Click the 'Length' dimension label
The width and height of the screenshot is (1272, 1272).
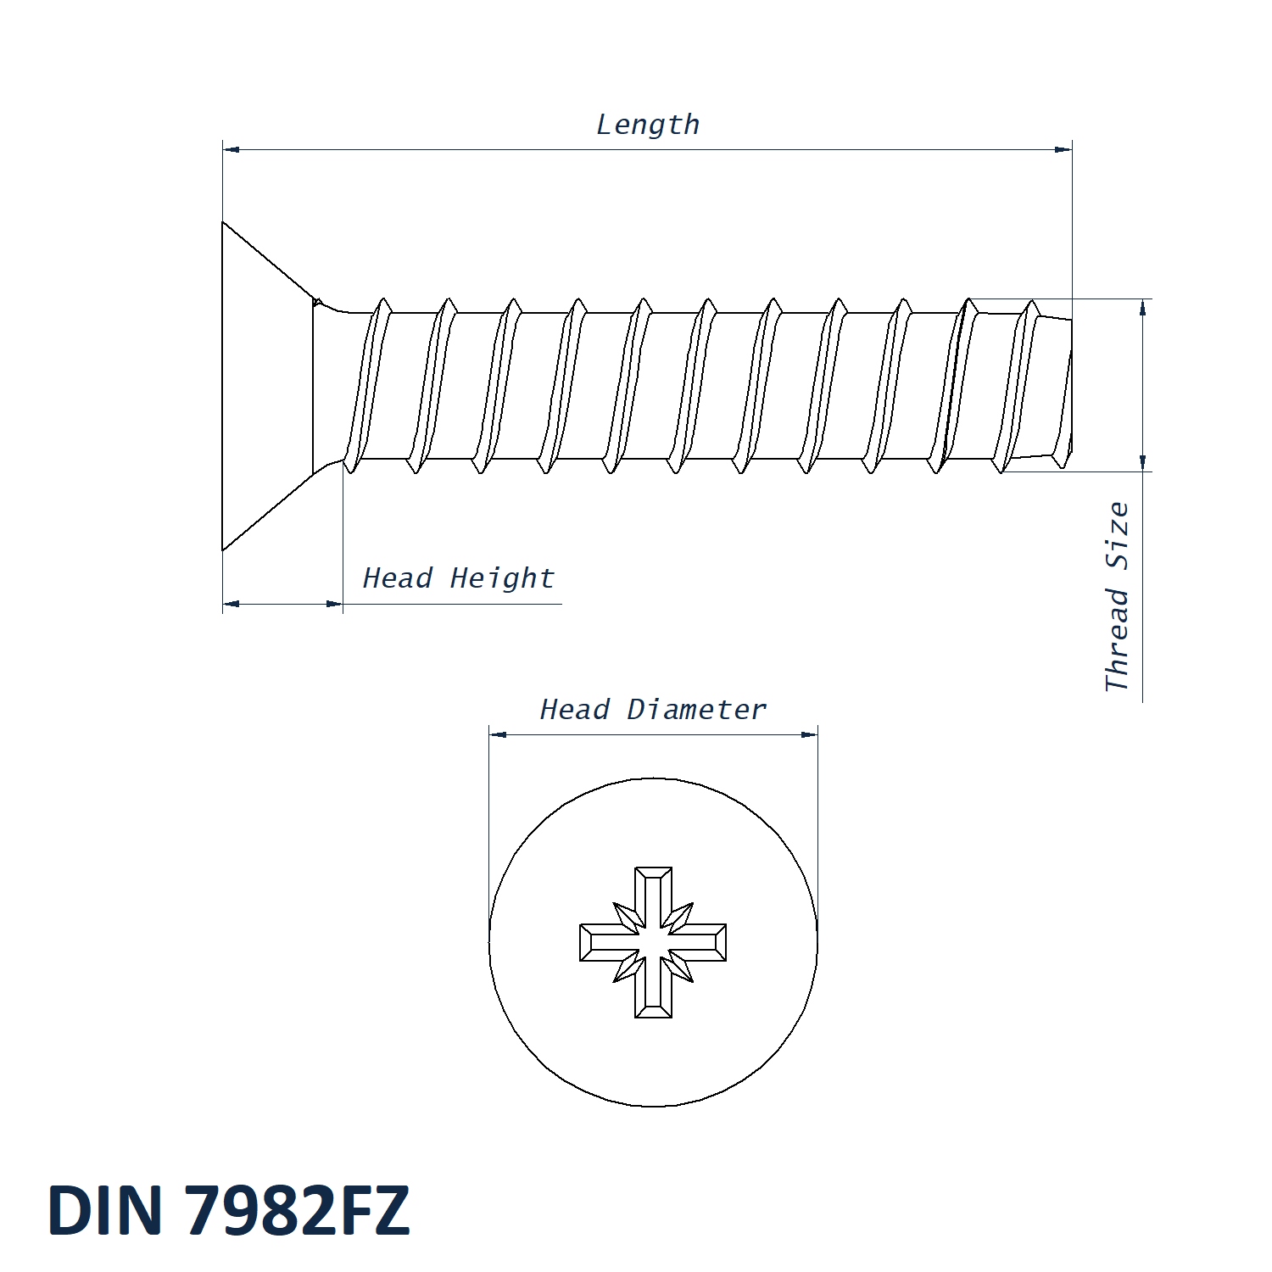click(648, 126)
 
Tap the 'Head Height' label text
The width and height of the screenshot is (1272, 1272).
click(458, 578)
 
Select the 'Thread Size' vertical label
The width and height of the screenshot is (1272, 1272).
click(1118, 596)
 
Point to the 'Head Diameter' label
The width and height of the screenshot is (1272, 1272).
click(653, 710)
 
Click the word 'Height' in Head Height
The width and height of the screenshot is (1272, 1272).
click(502, 578)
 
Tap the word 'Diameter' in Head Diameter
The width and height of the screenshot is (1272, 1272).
click(696, 710)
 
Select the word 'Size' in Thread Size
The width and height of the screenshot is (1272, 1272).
click(1118, 536)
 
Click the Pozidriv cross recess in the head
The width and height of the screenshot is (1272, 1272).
click(653, 942)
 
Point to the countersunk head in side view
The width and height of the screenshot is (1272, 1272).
click(267, 386)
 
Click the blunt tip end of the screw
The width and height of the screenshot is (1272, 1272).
click(1067, 386)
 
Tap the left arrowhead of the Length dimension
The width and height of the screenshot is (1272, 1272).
click(231, 149)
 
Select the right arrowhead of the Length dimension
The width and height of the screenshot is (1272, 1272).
click(1063, 149)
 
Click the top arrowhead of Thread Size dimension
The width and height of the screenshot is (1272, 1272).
click(1143, 307)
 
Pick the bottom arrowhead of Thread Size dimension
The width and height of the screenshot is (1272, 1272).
click(1143, 463)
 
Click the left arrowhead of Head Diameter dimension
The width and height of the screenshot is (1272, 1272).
click(498, 734)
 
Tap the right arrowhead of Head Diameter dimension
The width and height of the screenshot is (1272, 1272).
click(810, 734)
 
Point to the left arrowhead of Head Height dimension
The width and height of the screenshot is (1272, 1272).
click(231, 604)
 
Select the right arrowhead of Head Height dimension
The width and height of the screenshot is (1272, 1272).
click(335, 604)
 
